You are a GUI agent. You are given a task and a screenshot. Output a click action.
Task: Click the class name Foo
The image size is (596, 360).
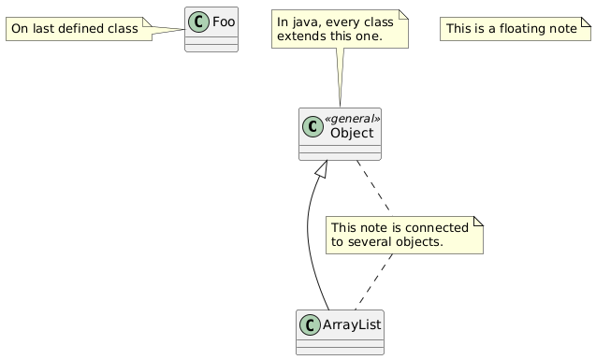(224, 22)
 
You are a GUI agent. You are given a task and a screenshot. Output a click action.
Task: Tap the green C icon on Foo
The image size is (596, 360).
(198, 22)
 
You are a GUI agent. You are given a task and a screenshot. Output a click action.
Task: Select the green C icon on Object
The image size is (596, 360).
(313, 126)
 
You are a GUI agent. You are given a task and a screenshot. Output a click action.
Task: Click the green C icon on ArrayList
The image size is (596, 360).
(310, 325)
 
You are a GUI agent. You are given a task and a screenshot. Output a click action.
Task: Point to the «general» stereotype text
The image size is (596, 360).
(352, 119)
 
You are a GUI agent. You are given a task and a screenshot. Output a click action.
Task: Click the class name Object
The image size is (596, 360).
(352, 133)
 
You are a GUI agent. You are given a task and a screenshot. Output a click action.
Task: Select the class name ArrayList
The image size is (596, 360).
(352, 324)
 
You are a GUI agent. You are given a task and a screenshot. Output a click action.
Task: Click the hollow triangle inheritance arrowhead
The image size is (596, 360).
(322, 168)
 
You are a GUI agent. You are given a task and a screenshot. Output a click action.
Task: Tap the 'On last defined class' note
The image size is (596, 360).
(79, 29)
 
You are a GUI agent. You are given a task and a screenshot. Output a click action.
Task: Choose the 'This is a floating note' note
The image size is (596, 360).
(516, 29)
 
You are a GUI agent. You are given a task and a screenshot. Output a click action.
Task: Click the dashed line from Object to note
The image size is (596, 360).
(373, 188)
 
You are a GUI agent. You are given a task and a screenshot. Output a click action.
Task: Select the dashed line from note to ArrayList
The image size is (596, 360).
(373, 281)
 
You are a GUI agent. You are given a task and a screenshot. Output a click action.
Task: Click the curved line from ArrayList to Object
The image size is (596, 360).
(308, 236)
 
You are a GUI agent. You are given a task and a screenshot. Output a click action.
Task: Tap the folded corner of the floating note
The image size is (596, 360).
(587, 22)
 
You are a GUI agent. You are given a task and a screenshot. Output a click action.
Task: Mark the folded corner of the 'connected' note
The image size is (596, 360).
(478, 222)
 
